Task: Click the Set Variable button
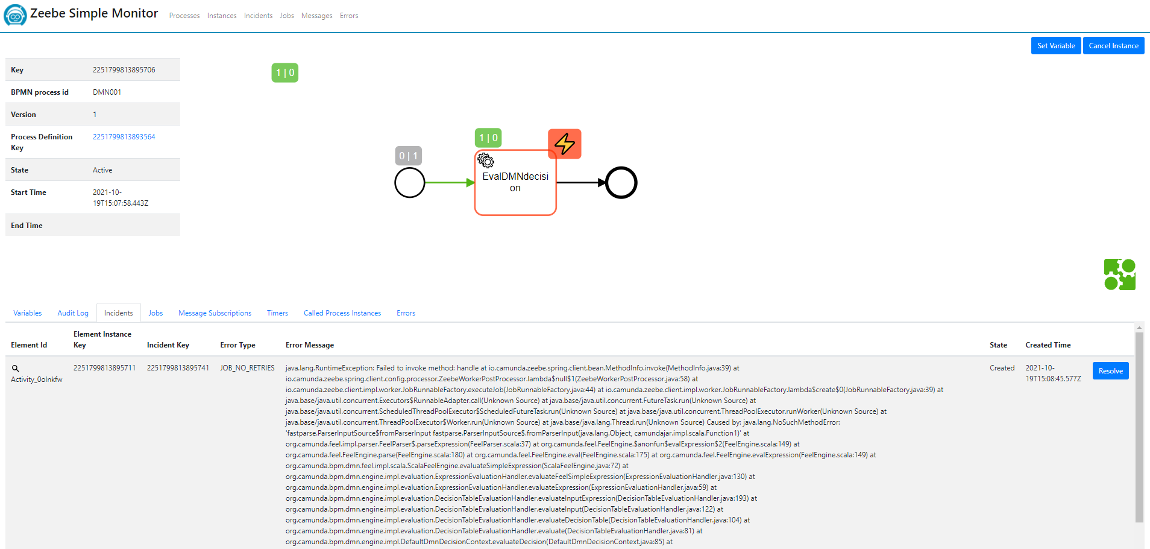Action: coord(1055,46)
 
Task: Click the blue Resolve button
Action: coord(1110,371)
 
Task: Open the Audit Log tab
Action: coord(73,313)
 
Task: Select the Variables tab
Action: coord(28,313)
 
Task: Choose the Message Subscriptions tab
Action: coord(215,313)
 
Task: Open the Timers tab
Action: coord(277,313)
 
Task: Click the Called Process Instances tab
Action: coord(342,313)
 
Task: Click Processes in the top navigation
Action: coord(184,16)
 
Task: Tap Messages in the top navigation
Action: coord(316,16)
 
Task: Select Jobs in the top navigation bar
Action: coord(287,16)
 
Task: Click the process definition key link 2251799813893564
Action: coord(124,137)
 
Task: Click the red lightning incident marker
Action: coord(565,144)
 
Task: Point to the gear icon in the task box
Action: coord(486,160)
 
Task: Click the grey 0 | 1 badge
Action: coord(408,156)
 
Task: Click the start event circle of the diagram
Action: coord(410,183)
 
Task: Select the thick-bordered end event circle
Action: coord(621,183)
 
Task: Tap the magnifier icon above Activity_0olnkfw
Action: coord(16,368)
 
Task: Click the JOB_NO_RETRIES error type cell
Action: coord(247,368)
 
